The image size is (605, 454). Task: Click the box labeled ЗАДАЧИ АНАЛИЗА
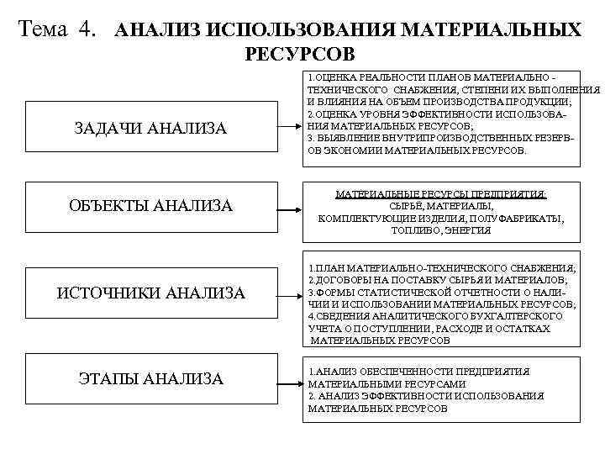pyautogui.click(x=150, y=127)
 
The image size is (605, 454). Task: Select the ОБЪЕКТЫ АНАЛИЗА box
pyautogui.click(x=150, y=206)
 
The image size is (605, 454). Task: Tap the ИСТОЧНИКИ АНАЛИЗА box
pyautogui.click(x=150, y=293)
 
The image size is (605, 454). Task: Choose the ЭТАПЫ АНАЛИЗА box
pyautogui.click(x=150, y=379)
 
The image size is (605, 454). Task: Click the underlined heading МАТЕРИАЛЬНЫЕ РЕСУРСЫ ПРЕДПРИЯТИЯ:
pyautogui.click(x=441, y=194)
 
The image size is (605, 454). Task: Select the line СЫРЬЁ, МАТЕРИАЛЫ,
pyautogui.click(x=441, y=206)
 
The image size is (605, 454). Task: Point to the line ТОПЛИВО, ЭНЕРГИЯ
pyautogui.click(x=441, y=230)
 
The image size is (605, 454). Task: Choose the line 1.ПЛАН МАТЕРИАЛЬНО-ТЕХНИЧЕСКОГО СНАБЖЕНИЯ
pyautogui.click(x=441, y=267)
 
